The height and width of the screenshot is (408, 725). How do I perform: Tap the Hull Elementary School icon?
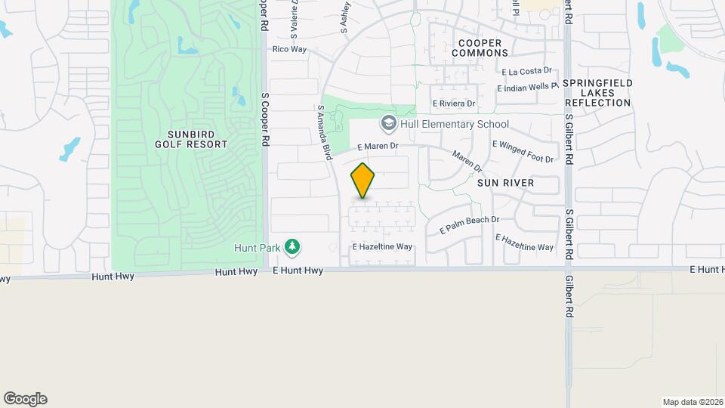click(x=388, y=123)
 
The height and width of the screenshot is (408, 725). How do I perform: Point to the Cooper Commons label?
click(x=480, y=48)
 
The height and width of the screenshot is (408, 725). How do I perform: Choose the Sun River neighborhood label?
click(x=506, y=183)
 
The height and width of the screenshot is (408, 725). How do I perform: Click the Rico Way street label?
click(x=289, y=49)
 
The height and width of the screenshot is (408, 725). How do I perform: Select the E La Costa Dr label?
click(x=527, y=71)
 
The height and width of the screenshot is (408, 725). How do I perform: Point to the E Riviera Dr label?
click(x=454, y=104)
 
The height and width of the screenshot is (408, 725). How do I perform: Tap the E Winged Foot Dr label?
click(x=523, y=151)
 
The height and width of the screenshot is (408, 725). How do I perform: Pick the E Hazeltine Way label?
click(x=382, y=247)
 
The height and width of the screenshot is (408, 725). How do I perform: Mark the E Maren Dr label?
click(x=378, y=146)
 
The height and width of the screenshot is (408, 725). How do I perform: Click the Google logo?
click(x=25, y=399)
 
